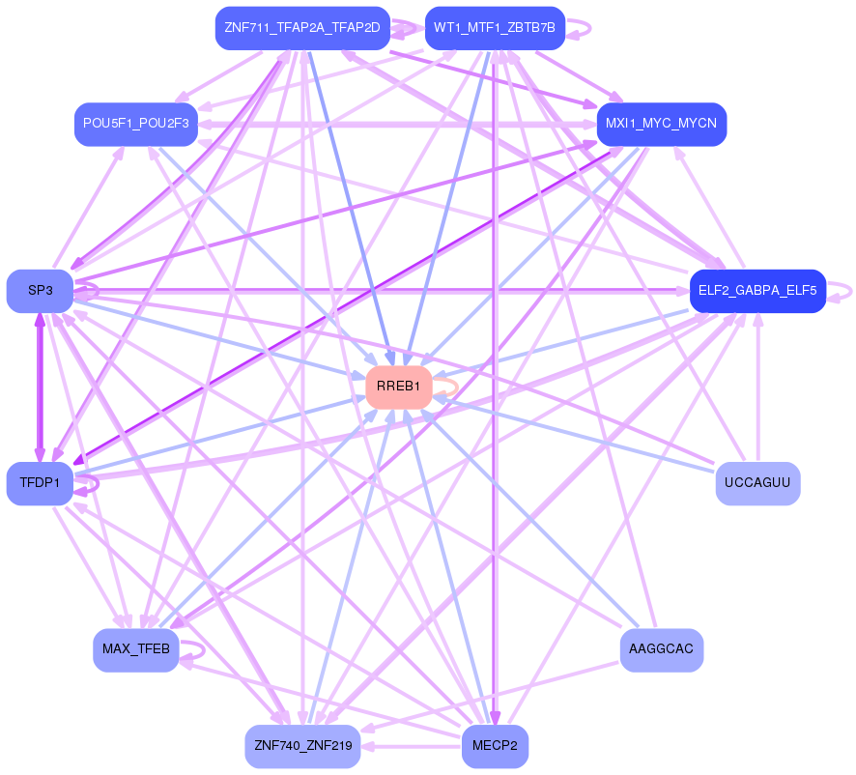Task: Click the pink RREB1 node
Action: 398,387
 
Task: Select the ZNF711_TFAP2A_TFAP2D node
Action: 301,28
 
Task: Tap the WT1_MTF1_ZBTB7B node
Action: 494,28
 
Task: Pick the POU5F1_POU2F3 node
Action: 136,125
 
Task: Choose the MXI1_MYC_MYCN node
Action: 661,125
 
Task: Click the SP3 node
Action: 40,291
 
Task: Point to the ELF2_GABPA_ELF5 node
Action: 756,291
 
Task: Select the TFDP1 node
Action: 40,483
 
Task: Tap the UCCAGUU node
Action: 757,483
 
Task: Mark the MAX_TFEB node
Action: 136,649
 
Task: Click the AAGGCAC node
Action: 661,649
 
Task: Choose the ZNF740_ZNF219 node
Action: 301,746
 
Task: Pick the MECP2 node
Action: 495,746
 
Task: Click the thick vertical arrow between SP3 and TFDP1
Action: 40,387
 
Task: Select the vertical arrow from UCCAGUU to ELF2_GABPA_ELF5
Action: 757,387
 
